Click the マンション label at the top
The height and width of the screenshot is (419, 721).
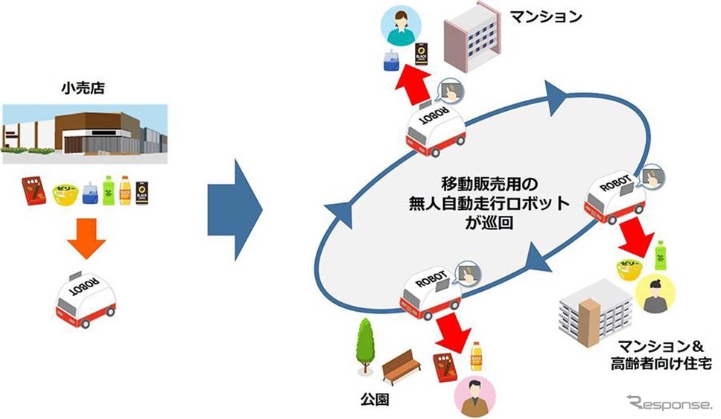click(547, 15)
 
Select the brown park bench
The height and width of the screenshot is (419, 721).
click(403, 365)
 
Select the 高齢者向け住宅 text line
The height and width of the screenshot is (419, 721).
click(658, 364)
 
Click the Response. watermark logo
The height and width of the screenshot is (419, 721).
click(670, 403)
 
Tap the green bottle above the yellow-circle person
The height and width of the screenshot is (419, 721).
click(658, 256)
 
